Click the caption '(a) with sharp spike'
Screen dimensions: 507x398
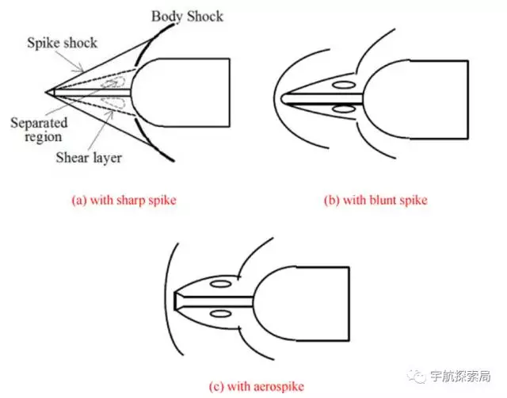pos(124,200)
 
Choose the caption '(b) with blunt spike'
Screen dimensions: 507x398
pos(375,200)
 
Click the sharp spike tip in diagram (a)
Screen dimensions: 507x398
pos(48,93)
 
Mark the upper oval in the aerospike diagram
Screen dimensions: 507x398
pos(222,283)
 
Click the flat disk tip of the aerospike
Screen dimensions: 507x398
pos(176,300)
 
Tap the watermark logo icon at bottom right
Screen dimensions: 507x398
pos(418,375)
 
